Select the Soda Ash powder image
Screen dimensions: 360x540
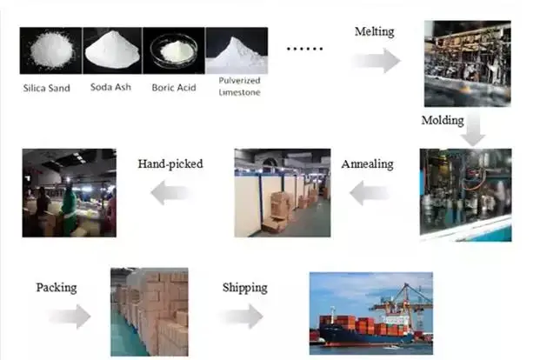112,50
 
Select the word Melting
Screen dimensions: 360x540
374,32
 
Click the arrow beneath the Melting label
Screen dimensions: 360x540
376,60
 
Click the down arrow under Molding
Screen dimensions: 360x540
472,132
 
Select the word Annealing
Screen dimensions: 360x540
367,163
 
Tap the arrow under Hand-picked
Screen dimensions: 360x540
170,194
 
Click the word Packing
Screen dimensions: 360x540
57,286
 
